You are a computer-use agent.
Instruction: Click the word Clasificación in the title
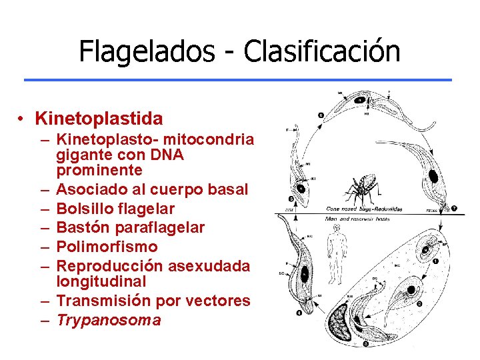pos(321,51)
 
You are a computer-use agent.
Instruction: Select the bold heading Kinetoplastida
pos(99,119)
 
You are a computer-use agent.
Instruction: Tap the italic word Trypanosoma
pos(109,320)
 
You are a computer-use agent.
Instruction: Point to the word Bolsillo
pos(84,209)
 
